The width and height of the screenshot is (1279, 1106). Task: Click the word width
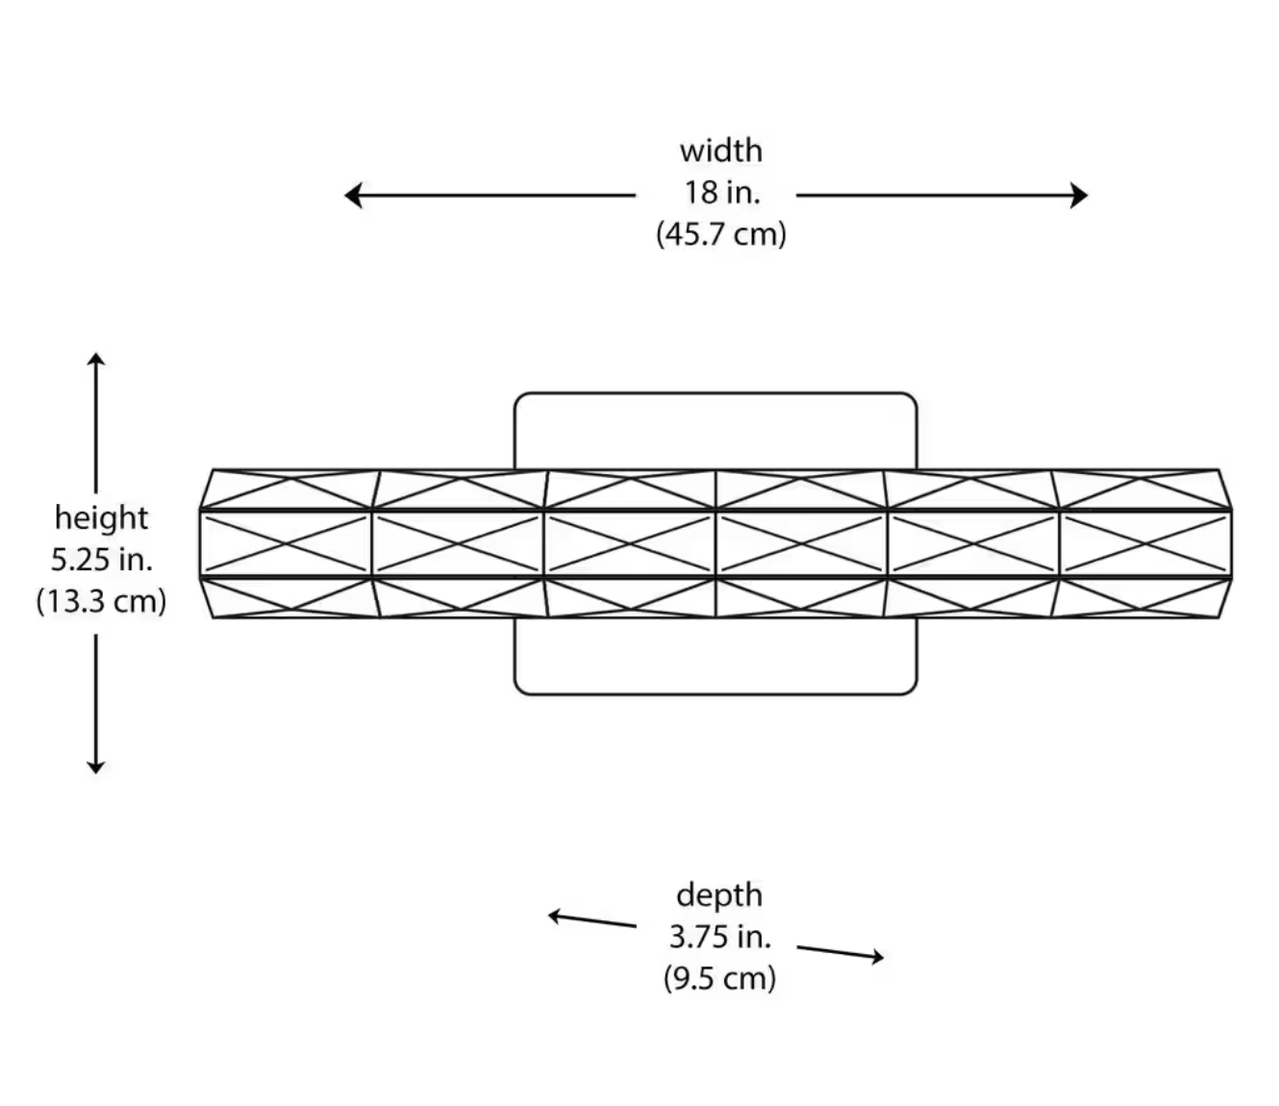(x=720, y=151)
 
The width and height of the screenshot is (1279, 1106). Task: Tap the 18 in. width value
(x=721, y=192)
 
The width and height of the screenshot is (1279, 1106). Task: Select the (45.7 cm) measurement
(x=721, y=234)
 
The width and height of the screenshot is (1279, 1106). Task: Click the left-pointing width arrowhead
(x=352, y=195)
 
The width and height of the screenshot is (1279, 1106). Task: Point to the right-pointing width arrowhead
(x=1080, y=195)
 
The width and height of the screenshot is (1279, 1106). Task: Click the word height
(x=101, y=517)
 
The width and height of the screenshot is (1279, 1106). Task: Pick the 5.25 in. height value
(x=101, y=559)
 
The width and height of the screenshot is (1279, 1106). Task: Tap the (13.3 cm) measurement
(x=101, y=601)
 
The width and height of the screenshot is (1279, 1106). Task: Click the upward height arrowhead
(x=95, y=360)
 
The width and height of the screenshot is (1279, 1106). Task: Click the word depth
(x=719, y=894)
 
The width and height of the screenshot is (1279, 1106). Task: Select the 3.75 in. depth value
(x=719, y=936)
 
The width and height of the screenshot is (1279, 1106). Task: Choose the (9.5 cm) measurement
(x=719, y=978)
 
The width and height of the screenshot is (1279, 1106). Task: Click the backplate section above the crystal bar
(x=715, y=430)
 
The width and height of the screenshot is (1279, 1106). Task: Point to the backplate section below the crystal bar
(x=715, y=656)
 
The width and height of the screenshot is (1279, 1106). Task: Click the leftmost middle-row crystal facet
(x=286, y=543)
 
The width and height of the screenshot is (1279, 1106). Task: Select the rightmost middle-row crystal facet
(x=1144, y=543)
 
